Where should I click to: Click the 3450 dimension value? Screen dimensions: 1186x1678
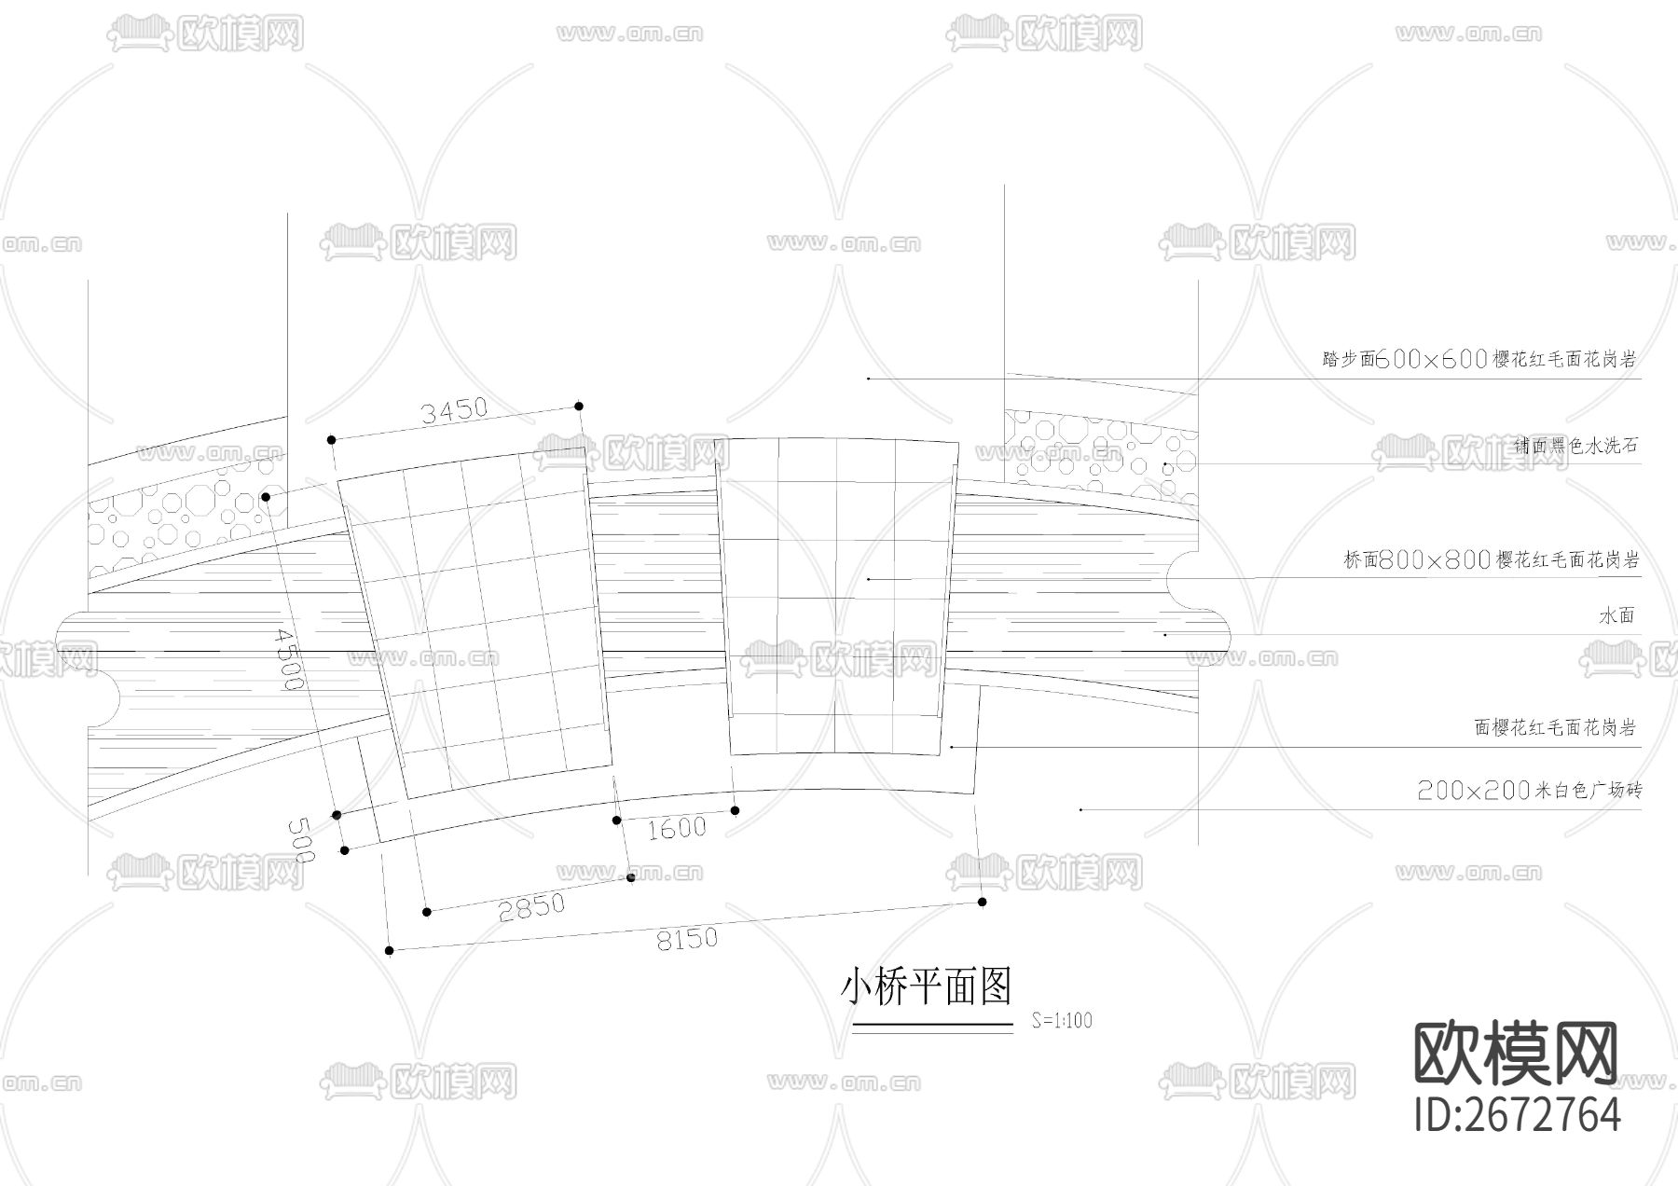click(454, 410)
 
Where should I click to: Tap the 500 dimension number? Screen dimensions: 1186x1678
click(302, 839)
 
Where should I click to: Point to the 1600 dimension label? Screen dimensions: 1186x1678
click(677, 827)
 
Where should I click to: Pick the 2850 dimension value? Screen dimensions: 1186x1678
click(531, 906)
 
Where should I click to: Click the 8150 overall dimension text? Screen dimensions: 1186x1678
click(688, 938)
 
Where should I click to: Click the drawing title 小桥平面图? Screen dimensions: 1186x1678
click(927, 986)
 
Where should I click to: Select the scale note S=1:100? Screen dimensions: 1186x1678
click(1062, 1020)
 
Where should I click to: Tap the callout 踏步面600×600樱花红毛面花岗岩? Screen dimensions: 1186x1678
click(1479, 360)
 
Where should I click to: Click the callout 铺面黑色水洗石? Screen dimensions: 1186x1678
click(1575, 446)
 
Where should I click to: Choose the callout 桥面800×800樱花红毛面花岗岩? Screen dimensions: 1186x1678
click(1491, 560)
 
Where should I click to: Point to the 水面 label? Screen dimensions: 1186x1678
click(1617, 616)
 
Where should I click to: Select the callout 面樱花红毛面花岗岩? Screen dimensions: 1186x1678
click(1555, 728)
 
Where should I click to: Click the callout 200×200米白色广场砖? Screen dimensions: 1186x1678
click(1529, 792)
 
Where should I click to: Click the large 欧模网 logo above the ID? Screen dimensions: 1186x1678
click(1517, 1053)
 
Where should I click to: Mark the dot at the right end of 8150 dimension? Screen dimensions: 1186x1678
click(983, 902)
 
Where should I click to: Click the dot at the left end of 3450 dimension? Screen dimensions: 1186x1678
click(330, 439)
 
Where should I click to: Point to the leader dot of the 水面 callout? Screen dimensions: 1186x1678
click(1165, 635)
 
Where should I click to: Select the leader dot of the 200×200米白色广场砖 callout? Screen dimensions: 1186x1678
click(1080, 809)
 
